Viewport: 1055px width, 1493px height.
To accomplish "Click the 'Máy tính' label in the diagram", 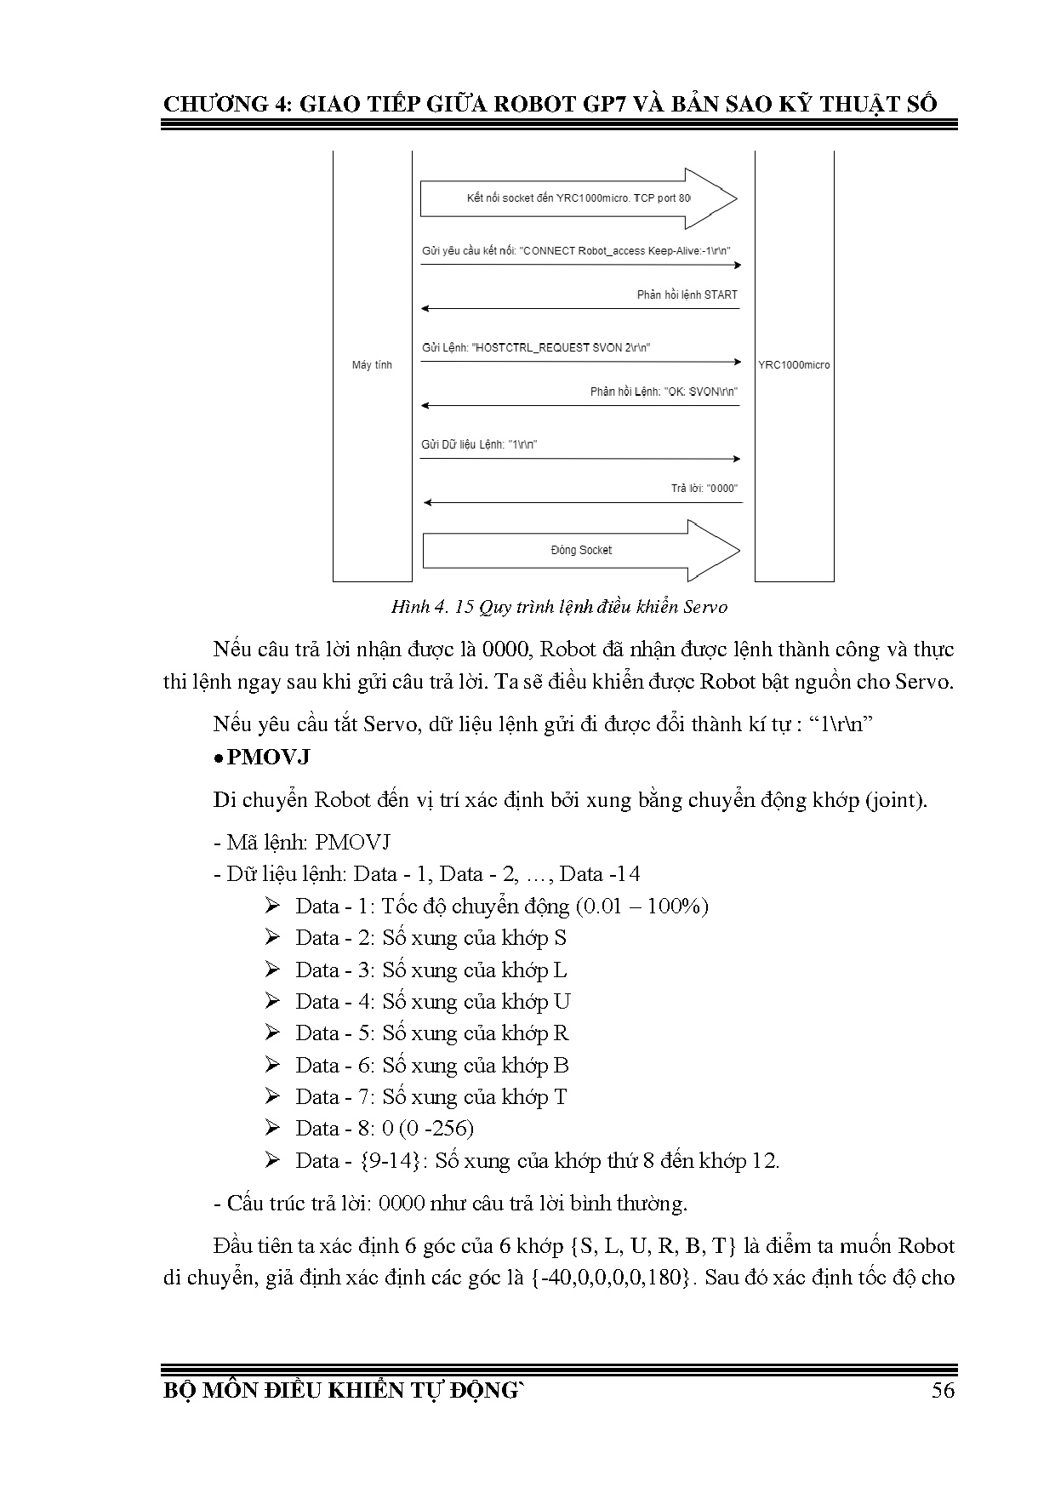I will (x=372, y=365).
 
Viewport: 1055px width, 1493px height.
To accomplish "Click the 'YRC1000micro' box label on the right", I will (x=794, y=365).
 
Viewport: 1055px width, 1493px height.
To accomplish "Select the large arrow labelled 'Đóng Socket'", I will (x=581, y=550).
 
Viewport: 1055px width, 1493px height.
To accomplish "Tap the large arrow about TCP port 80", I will (x=579, y=198).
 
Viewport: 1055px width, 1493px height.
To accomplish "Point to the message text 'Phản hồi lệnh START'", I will (x=687, y=295).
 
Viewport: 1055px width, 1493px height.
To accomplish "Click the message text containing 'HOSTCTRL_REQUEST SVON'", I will (x=536, y=347).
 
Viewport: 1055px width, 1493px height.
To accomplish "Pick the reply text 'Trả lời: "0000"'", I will (x=704, y=489).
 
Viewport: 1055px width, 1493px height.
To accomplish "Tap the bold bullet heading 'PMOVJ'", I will (x=268, y=757).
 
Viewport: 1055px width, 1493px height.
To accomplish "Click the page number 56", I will (x=943, y=1390).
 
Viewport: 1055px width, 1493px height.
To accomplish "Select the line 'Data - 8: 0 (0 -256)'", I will (x=385, y=1129).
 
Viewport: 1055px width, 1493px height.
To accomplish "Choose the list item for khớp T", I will (x=431, y=1097).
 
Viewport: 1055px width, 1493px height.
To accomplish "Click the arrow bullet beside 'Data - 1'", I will (x=272, y=906).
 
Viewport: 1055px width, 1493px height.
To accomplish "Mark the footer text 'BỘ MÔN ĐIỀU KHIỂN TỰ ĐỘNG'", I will (x=340, y=1391).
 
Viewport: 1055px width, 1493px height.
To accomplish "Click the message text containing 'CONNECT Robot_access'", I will (x=577, y=251).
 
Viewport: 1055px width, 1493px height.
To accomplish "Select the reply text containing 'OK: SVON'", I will (x=664, y=392).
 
